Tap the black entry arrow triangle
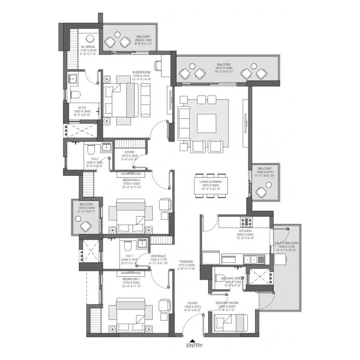(x=193, y=340)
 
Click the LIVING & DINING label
(x=211, y=182)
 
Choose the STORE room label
(x=130, y=153)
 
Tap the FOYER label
(x=192, y=303)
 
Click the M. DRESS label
(x=88, y=47)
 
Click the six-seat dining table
(x=211, y=186)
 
